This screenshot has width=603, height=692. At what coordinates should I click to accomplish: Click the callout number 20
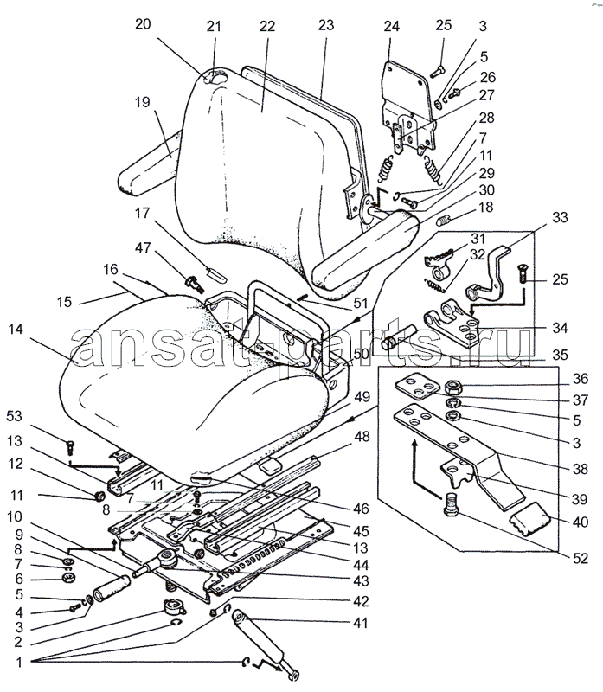(143, 24)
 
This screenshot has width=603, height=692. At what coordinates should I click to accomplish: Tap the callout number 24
(392, 27)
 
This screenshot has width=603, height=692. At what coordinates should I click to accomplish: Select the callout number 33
(561, 217)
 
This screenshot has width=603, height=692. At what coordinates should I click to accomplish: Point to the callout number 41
(361, 623)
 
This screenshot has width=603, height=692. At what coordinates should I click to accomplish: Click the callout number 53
(14, 416)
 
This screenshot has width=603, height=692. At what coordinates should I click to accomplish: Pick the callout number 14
(16, 330)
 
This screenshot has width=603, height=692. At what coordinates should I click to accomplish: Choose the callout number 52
(581, 558)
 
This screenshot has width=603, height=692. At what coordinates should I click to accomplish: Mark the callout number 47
(143, 247)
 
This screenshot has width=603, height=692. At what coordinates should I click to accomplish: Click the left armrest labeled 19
(149, 165)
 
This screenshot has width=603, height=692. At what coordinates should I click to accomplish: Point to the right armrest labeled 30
(364, 249)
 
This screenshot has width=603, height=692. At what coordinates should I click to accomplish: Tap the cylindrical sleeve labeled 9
(112, 589)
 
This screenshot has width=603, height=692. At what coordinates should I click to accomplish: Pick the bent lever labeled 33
(489, 278)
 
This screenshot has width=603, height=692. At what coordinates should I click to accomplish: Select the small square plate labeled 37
(417, 387)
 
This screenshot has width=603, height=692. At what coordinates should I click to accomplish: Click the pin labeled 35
(398, 337)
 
